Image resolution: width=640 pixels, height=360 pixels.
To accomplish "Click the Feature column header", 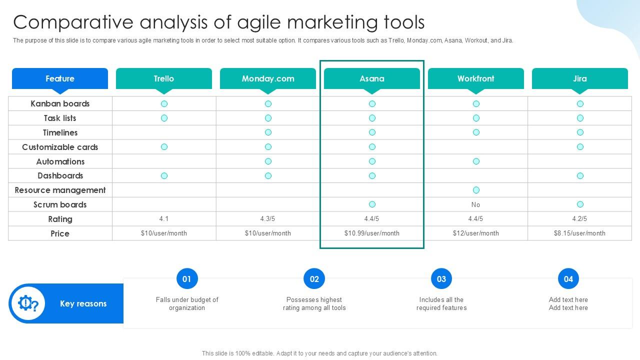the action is click(60, 78).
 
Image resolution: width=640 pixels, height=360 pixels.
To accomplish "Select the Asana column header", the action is click(372, 78).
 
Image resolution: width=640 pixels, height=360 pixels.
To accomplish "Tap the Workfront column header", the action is click(476, 78).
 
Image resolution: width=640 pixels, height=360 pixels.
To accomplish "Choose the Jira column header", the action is click(580, 78).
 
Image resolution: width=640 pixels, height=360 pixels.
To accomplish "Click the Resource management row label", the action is click(60, 190).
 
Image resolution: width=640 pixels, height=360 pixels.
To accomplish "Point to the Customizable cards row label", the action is click(60, 147).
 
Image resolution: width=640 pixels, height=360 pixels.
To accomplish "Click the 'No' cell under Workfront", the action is click(475, 204).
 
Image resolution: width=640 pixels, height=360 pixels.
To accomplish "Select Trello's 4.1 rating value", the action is click(163, 219).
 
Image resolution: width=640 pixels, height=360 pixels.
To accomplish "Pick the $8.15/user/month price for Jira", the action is click(579, 233).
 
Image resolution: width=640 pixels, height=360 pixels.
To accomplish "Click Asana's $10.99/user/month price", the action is click(372, 233).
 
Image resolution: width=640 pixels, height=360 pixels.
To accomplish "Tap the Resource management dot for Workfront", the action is click(476, 190).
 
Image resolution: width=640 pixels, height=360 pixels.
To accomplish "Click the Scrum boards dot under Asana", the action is click(372, 204).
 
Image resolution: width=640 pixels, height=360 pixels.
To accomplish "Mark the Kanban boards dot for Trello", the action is click(164, 103).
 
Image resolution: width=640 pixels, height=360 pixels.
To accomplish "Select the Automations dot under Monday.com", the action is click(268, 161).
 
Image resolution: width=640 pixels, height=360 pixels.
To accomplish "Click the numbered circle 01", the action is click(187, 278).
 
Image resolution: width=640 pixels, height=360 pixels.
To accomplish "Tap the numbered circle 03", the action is click(441, 278).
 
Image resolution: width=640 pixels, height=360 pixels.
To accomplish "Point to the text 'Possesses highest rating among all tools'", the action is click(314, 303).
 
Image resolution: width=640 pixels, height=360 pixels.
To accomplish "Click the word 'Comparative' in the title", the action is click(73, 22).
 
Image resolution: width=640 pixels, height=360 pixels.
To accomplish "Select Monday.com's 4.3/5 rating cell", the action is click(267, 219).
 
